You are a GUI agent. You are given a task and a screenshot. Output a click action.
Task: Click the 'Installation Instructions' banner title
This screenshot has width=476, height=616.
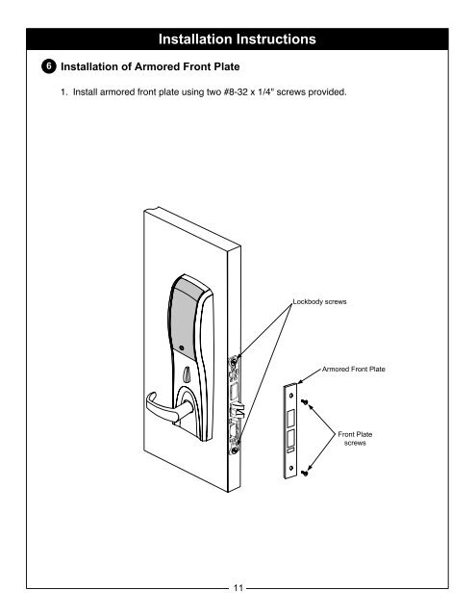[x=237, y=39]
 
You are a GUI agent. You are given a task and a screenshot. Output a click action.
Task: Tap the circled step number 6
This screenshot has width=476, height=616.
[x=49, y=66]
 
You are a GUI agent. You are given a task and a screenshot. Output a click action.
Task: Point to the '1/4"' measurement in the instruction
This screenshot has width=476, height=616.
[x=265, y=92]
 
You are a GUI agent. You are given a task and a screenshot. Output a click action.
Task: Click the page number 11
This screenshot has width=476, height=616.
[x=238, y=588]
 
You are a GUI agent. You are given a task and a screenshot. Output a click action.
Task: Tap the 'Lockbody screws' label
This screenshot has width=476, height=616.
[x=320, y=301]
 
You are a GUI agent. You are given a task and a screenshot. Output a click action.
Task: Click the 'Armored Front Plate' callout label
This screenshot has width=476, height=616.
[x=354, y=369]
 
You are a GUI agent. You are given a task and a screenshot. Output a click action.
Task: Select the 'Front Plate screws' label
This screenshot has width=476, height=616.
[x=355, y=439]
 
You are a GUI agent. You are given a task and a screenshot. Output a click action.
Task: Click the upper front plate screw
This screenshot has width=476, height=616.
[x=305, y=401]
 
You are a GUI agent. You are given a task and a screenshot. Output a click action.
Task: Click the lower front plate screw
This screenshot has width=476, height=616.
[x=305, y=473]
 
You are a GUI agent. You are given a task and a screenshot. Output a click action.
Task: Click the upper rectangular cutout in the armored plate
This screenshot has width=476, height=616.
[x=290, y=418]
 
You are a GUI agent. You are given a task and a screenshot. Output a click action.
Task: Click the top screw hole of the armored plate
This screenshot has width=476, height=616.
[x=290, y=396]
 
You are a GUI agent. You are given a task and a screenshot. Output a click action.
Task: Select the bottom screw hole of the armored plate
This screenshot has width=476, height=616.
[x=290, y=468]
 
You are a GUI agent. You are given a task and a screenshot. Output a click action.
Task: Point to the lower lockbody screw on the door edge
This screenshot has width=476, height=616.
[x=235, y=450]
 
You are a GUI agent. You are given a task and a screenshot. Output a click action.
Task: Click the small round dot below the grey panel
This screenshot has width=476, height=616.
[x=182, y=347]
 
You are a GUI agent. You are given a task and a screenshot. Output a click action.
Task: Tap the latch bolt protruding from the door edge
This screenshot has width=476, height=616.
[x=237, y=411]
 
